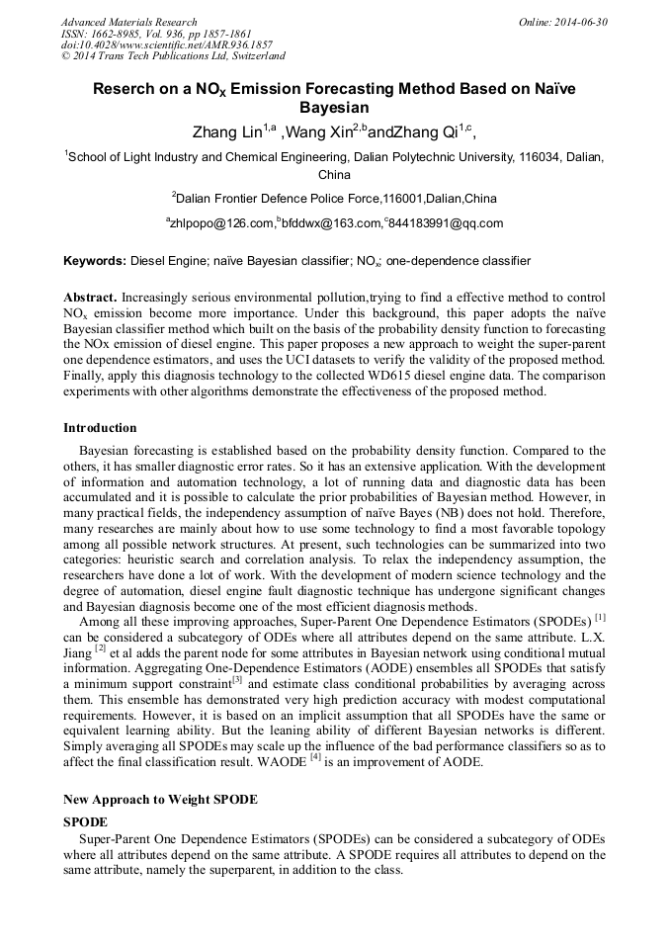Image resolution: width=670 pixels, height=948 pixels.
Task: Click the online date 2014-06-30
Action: pyautogui.click(x=580, y=22)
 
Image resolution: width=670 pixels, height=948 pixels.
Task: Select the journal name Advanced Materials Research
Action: pyautogui.click(x=128, y=22)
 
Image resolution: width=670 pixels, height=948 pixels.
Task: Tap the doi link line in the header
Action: pyautogui.click(x=167, y=45)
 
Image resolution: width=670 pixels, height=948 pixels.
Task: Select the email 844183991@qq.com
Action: pyautogui.click(x=447, y=223)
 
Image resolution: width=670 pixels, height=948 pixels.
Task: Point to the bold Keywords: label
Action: pyautogui.click(x=95, y=261)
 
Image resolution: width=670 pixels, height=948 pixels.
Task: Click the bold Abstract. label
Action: pyautogui.click(x=91, y=298)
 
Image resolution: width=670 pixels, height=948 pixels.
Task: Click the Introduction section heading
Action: pyautogui.click(x=100, y=428)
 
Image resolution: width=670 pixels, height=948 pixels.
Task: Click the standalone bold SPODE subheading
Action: pyautogui.click(x=85, y=821)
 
